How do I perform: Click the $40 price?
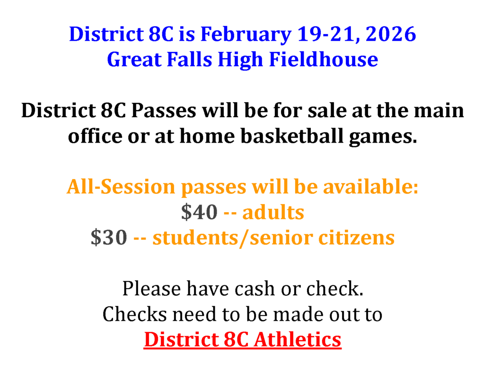pyautogui.click(x=199, y=212)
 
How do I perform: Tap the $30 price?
pyautogui.click(x=109, y=238)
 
